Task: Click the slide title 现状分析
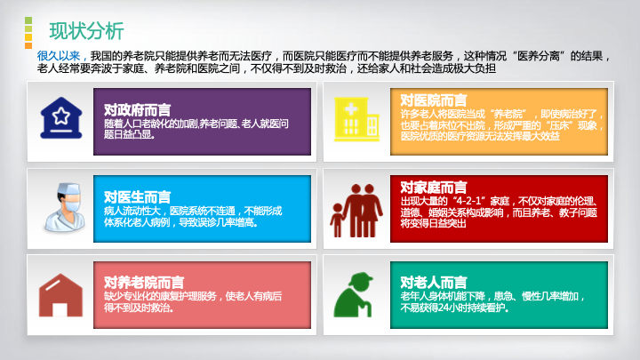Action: pos(86,31)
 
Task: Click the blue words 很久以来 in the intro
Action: pos(59,56)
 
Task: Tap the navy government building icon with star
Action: pos(61,117)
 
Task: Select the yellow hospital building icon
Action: pos(356,119)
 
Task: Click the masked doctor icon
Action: pos(65,206)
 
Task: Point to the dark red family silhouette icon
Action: pos(356,210)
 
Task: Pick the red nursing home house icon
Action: pos(60,295)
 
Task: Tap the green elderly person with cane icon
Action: pos(354,295)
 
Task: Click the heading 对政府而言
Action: pos(137,110)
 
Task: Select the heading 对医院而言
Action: pos(434,100)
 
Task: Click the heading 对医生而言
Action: pos(137,197)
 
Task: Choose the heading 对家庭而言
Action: pos(434,188)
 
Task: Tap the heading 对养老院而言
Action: pos(144,283)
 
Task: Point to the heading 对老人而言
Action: pos(434,283)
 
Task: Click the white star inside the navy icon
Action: pos(61,116)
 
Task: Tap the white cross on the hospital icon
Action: pos(351,109)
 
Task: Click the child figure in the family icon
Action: pos(337,220)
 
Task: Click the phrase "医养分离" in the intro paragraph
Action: pos(538,56)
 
